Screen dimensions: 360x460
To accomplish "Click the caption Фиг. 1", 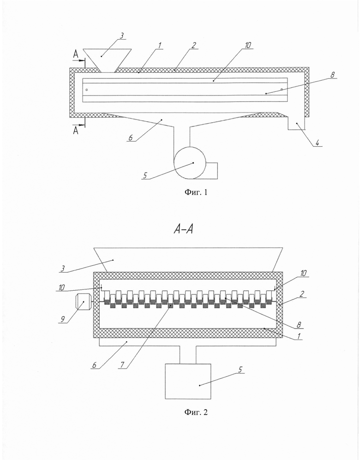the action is click(196, 192).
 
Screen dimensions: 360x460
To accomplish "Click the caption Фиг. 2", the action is click(196, 412).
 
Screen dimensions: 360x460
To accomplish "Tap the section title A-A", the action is click(183, 229).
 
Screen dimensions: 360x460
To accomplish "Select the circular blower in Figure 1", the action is click(189, 163).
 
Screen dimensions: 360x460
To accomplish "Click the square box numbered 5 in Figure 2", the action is click(188, 382).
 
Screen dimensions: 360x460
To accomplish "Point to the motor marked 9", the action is click(83, 302).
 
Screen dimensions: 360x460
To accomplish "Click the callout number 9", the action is click(62, 319).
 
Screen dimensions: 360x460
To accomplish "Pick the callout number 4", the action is click(317, 143).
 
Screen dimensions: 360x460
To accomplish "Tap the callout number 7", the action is click(122, 364).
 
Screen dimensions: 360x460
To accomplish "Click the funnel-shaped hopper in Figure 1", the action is click(107, 60).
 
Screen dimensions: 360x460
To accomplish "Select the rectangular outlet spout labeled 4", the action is click(296, 123).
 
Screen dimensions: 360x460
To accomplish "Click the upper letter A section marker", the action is click(76, 54).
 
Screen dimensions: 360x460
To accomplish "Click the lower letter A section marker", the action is click(76, 130).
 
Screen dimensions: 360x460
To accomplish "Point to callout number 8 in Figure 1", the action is click(332, 75).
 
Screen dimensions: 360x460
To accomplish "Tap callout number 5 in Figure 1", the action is click(145, 175).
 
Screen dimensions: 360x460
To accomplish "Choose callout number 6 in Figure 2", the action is click(94, 365).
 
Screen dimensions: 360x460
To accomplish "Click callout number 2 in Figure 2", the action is click(302, 294).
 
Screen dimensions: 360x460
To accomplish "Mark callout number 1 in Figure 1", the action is click(160, 46).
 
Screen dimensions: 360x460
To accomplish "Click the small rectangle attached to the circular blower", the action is click(211, 170).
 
